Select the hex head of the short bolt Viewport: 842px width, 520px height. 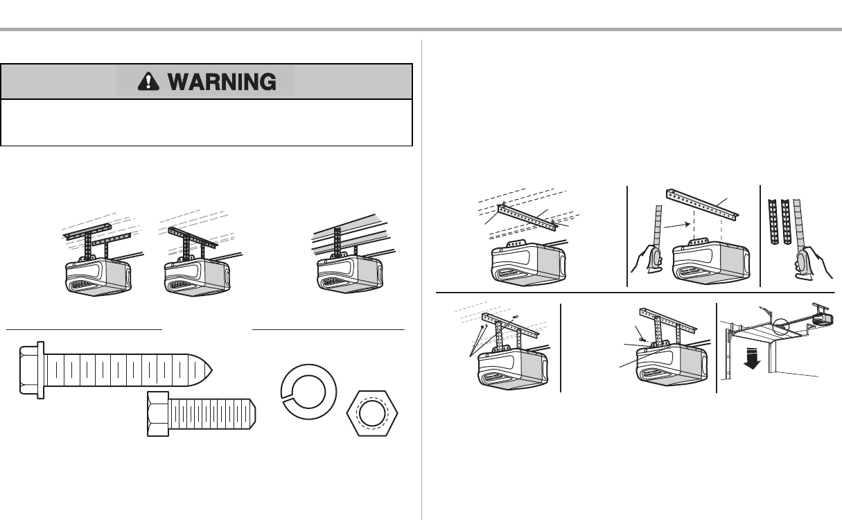pyautogui.click(x=159, y=413)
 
